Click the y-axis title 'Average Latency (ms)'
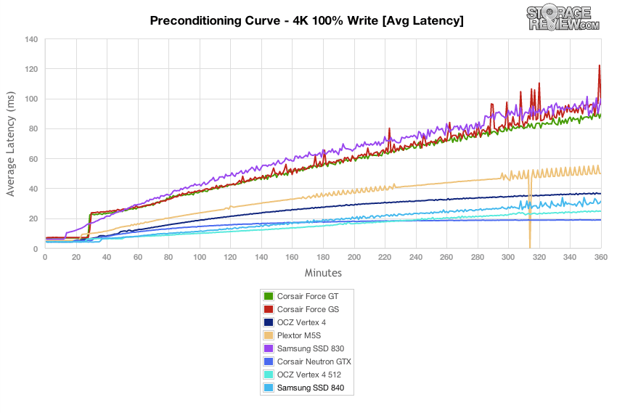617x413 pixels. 12,144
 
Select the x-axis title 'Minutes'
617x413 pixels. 322,273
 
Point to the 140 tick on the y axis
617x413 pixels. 30,39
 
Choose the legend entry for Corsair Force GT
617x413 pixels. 308,295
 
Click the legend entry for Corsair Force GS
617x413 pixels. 308,308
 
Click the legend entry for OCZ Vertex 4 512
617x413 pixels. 309,375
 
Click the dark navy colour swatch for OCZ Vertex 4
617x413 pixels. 269,322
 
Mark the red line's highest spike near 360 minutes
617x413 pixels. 600,66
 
